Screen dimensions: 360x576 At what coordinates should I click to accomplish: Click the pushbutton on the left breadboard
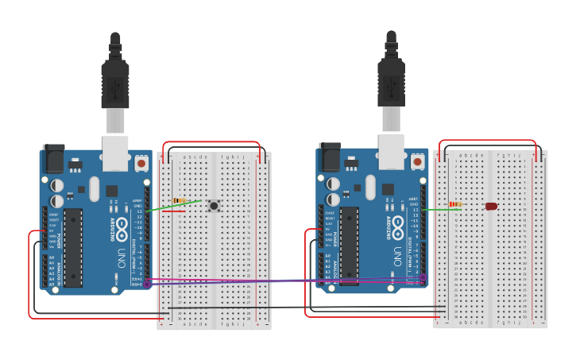coord(214,206)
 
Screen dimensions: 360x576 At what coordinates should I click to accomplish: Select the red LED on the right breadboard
coord(491,206)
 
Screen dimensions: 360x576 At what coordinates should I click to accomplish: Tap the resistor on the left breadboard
coord(180,201)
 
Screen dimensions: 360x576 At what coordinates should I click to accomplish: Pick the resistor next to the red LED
coord(455,204)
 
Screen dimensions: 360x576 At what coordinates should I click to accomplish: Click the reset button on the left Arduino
coord(141,163)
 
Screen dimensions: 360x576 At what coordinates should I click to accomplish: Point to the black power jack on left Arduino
coord(52,158)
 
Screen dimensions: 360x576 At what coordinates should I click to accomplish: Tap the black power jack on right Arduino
coord(328,158)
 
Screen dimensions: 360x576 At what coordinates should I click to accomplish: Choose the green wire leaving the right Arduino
coord(433,209)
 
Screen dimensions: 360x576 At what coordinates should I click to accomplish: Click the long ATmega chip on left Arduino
coord(73,247)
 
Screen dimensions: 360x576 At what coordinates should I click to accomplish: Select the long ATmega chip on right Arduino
coord(350,247)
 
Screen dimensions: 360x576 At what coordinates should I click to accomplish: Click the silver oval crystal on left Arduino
coord(95,188)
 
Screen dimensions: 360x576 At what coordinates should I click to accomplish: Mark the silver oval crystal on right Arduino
coord(370,188)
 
